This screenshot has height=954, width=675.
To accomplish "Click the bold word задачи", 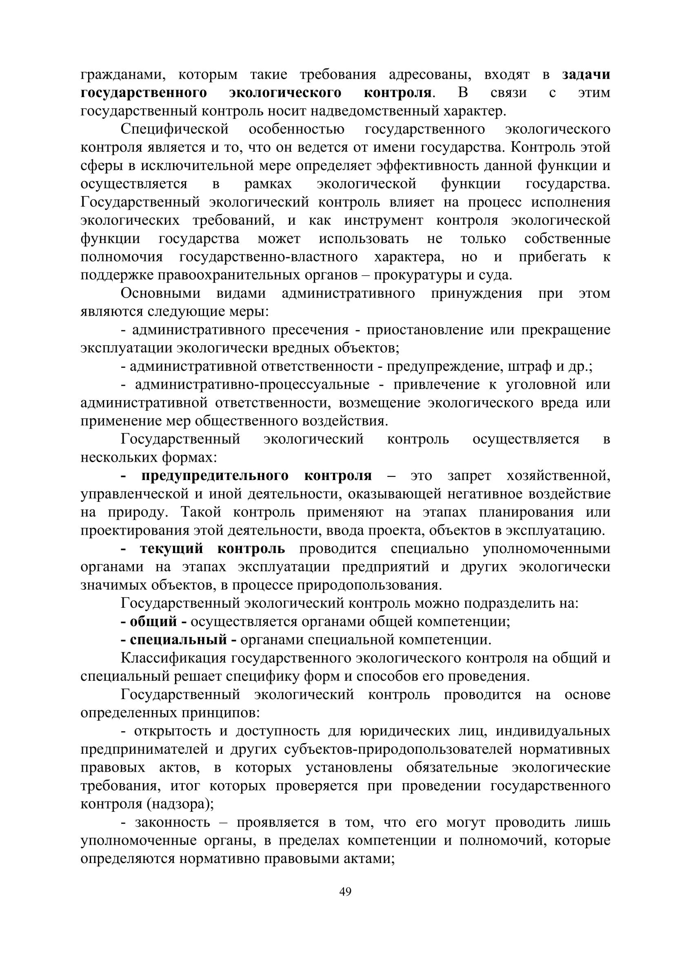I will tap(586, 74).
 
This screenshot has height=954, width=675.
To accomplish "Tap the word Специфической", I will tap(175, 129).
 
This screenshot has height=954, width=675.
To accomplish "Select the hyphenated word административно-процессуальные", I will tap(252, 384).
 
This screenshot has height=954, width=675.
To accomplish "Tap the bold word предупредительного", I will tap(215, 476).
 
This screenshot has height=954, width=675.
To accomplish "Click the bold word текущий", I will tap(171, 549).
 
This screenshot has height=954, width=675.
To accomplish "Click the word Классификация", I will tap(173, 658).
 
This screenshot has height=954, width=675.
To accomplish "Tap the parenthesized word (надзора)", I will tap(180, 804).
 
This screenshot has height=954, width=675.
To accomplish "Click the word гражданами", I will tap(120, 74).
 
